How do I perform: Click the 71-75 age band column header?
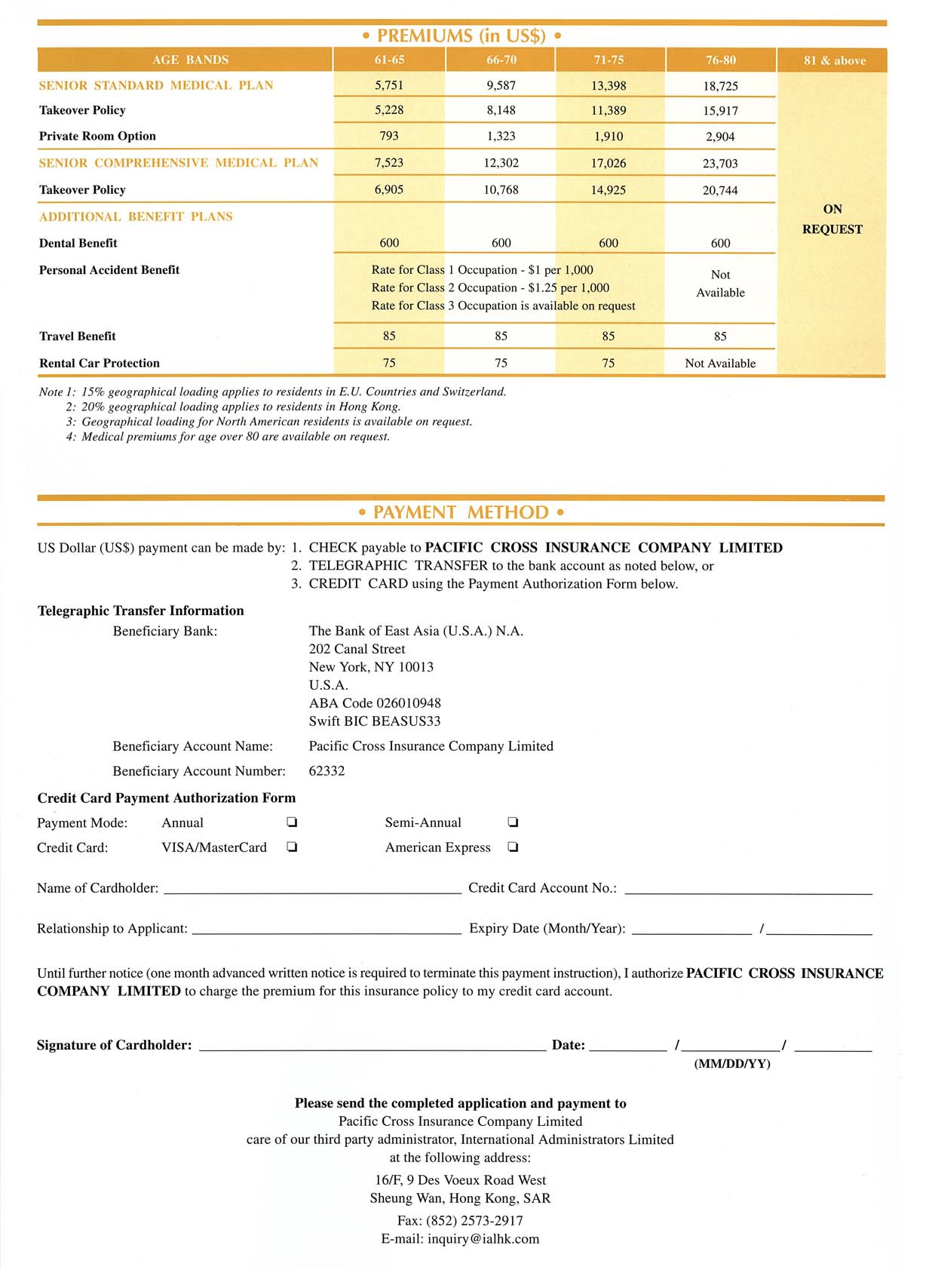(609, 60)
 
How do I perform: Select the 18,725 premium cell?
(720, 86)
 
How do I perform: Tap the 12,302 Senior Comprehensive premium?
(501, 163)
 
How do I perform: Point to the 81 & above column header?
(834, 60)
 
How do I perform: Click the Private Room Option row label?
(97, 136)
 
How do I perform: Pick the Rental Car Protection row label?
(99, 363)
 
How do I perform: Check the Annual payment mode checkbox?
(292, 823)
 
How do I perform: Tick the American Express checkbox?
(513, 847)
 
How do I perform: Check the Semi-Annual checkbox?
(513, 823)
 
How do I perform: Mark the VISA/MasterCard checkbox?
(292, 847)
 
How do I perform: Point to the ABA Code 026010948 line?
(375, 703)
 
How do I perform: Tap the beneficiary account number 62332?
(326, 771)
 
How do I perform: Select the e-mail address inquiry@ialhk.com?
(483, 1239)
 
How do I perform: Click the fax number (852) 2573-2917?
(474, 1221)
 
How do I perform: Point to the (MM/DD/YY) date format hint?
(731, 1064)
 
